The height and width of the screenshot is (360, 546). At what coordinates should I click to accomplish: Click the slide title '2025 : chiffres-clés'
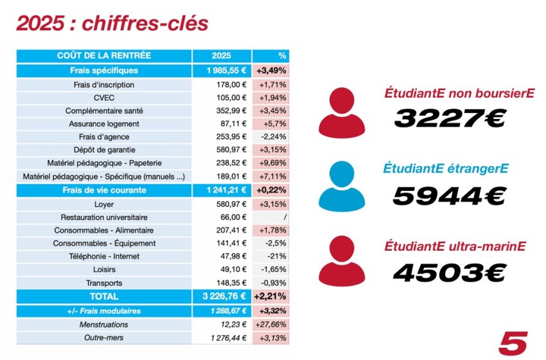112,23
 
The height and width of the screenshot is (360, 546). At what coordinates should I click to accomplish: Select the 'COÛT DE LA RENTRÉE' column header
103,56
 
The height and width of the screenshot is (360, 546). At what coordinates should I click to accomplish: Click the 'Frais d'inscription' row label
103,84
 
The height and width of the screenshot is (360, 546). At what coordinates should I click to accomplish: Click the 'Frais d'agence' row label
103,137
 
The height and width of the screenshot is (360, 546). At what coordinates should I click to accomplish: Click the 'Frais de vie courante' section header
103,190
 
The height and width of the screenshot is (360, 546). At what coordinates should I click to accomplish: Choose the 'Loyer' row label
103,204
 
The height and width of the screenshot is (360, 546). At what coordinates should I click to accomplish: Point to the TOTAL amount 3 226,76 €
222,296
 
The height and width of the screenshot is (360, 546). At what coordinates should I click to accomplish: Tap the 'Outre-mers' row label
103,337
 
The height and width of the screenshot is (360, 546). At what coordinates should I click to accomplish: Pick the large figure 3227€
450,118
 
